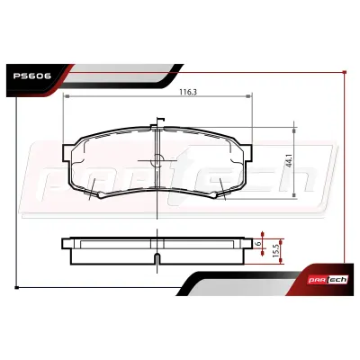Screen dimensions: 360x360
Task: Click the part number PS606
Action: [x=32, y=76]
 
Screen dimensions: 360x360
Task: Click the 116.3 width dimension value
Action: [x=188, y=92]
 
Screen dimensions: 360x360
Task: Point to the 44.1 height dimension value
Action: [x=289, y=160]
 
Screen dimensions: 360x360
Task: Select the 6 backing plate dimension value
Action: [x=257, y=244]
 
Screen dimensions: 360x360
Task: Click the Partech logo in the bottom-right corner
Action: [x=328, y=280]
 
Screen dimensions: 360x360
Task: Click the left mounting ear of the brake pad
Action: [x=67, y=153]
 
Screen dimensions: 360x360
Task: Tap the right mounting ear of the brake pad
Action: [x=247, y=153]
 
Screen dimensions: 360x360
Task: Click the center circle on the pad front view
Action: [x=157, y=160]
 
